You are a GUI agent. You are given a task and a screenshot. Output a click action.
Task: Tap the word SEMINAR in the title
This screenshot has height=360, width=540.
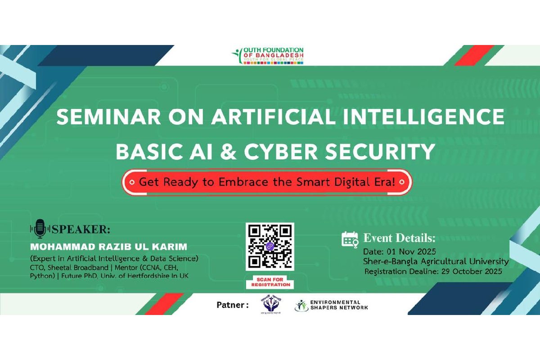pos(93,118)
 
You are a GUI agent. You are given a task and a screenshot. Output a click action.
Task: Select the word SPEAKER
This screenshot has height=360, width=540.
pos(81,229)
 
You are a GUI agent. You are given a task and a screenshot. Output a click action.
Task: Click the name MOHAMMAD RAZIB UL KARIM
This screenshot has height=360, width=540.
pos(108,247)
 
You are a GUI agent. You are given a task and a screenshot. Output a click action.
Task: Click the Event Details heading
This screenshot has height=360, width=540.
pos(399,238)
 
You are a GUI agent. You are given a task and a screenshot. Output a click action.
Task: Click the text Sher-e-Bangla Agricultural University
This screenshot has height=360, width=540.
pos(436,261)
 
